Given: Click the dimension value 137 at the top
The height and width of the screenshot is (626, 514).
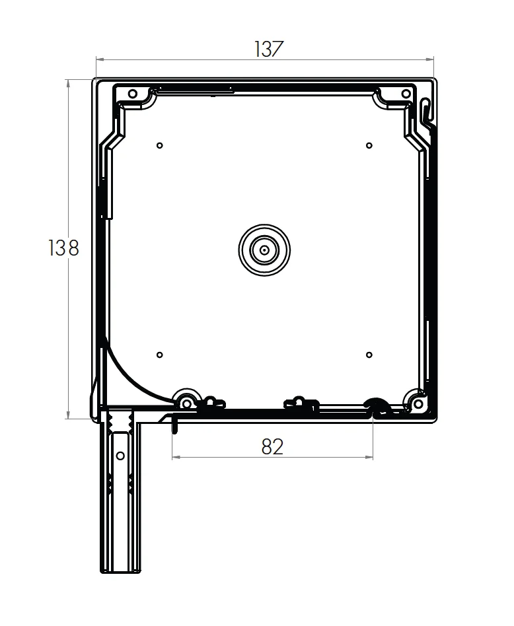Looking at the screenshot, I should coord(268,50).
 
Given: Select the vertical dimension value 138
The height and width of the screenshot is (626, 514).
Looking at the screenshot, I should coord(63,248).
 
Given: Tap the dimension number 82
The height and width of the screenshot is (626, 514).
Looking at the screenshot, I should coord(272,447).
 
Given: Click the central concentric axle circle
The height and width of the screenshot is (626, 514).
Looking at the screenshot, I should coord(264,250).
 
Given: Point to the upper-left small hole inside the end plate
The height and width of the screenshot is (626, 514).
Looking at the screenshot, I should coord(159,145).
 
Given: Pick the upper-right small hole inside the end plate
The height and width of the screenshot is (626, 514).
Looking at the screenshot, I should coord(369,145).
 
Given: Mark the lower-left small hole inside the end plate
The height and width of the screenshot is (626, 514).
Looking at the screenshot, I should coord(159,355).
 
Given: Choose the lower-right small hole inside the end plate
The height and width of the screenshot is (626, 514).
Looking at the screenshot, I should coord(369,355).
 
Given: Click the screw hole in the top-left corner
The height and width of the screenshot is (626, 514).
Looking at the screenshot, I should coord(132,94).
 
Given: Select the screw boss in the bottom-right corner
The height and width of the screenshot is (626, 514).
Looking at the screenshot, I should coord(418,403).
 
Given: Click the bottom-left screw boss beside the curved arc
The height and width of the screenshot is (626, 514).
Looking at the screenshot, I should coord(186,403).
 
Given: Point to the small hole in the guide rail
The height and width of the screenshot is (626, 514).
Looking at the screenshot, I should coord(120,456).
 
